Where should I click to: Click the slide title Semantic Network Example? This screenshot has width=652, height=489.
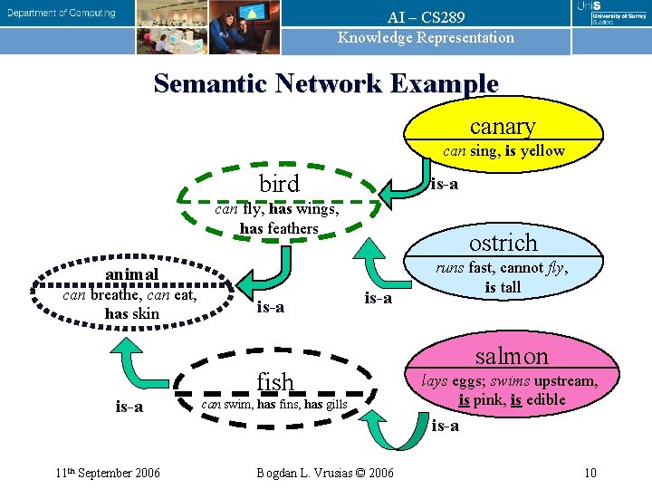coord(326,83)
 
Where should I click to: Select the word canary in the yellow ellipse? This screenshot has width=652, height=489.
coord(503,126)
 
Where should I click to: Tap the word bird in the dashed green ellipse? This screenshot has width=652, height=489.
coord(279,184)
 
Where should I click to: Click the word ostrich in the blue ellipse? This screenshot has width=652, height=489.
coord(503,243)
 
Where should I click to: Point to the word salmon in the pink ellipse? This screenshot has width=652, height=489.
coord(512,356)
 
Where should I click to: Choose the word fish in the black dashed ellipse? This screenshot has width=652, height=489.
coord(275,382)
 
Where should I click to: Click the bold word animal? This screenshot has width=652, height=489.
coord(131,274)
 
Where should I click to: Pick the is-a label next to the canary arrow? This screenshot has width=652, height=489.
coord(444,184)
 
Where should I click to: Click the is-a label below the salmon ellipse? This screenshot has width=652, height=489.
coord(445,426)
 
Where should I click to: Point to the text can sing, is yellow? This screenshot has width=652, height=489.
coord(503,151)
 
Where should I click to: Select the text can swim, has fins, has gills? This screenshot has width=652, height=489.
coord(273,404)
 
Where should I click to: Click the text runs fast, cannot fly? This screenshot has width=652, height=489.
coord(502,268)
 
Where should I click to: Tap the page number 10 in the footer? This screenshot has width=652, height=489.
coord(590,472)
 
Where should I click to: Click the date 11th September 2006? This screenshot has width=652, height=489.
coord(108,472)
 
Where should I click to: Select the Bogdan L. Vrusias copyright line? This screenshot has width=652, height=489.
coord(325,472)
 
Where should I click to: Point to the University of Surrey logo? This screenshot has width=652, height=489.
coord(612,13)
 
